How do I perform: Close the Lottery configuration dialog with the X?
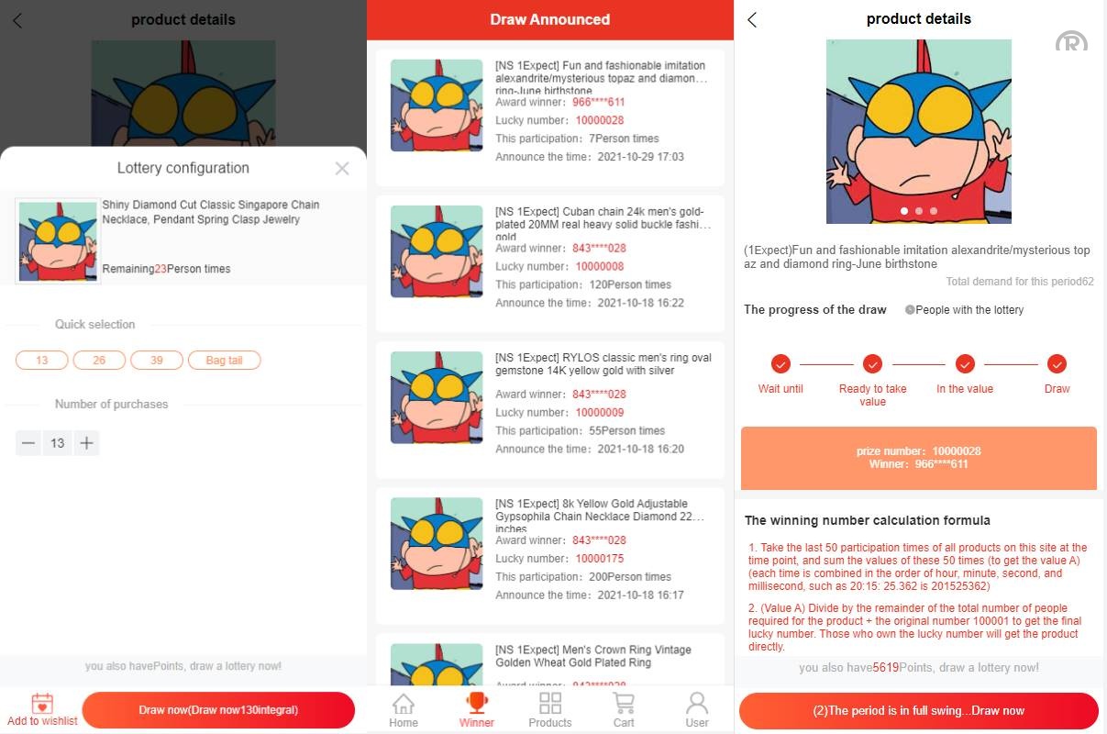tap(342, 168)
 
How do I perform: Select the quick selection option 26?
tap(99, 361)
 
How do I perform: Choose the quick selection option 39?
tap(157, 361)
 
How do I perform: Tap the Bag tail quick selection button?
tap(224, 361)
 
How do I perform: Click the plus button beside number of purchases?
tap(86, 443)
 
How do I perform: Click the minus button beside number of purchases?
tap(28, 443)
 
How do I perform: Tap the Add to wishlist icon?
tap(42, 705)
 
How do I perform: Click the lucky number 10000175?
tap(600, 559)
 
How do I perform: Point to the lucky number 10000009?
tap(600, 413)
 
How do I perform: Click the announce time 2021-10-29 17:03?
tap(641, 157)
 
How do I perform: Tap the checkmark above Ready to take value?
tap(872, 364)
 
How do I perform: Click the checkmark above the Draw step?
tap(1057, 364)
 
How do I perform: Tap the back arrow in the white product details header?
tap(752, 19)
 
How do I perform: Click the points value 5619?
tap(885, 668)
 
